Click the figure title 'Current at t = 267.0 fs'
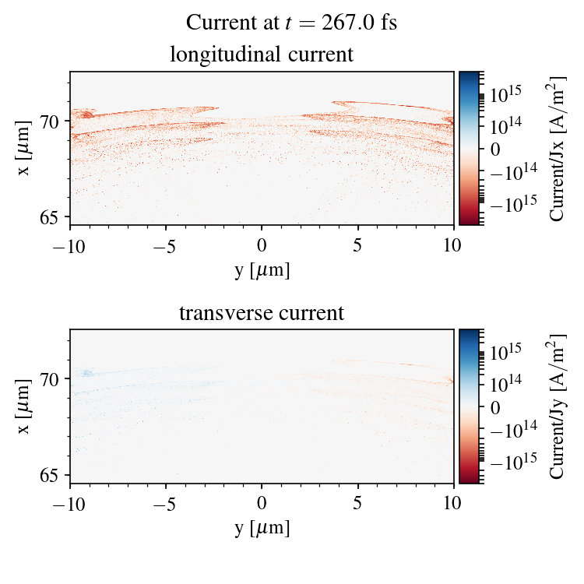(x=291, y=23)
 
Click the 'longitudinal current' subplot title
(x=262, y=55)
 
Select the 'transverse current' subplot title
(x=262, y=314)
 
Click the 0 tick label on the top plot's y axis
(x=262, y=246)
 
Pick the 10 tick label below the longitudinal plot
(x=454, y=246)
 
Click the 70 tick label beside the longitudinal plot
(x=49, y=121)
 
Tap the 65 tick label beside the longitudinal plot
(x=49, y=216)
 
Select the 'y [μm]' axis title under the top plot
(x=262, y=270)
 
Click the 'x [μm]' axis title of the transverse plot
(x=24, y=406)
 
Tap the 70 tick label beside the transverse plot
(x=49, y=380)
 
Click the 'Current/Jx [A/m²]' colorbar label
(x=558, y=148)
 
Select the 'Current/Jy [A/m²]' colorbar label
(x=558, y=406)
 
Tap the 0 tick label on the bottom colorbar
(x=493, y=406)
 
